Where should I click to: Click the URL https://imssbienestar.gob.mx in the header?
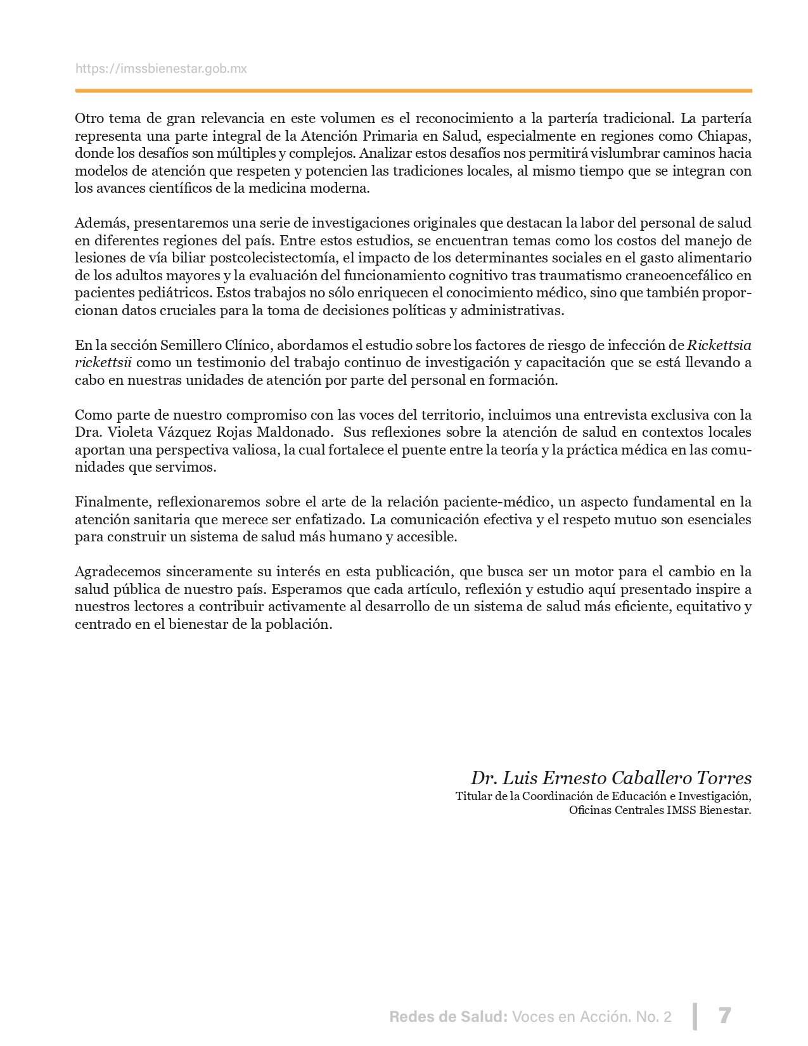point(161,68)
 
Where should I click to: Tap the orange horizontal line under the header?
point(413,91)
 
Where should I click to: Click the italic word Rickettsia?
point(719,345)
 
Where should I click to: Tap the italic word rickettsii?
point(103,363)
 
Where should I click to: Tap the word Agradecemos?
point(118,572)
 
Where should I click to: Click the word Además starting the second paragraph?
point(100,223)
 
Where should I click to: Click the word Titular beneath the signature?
point(473,796)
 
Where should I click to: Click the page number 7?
point(725,1016)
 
